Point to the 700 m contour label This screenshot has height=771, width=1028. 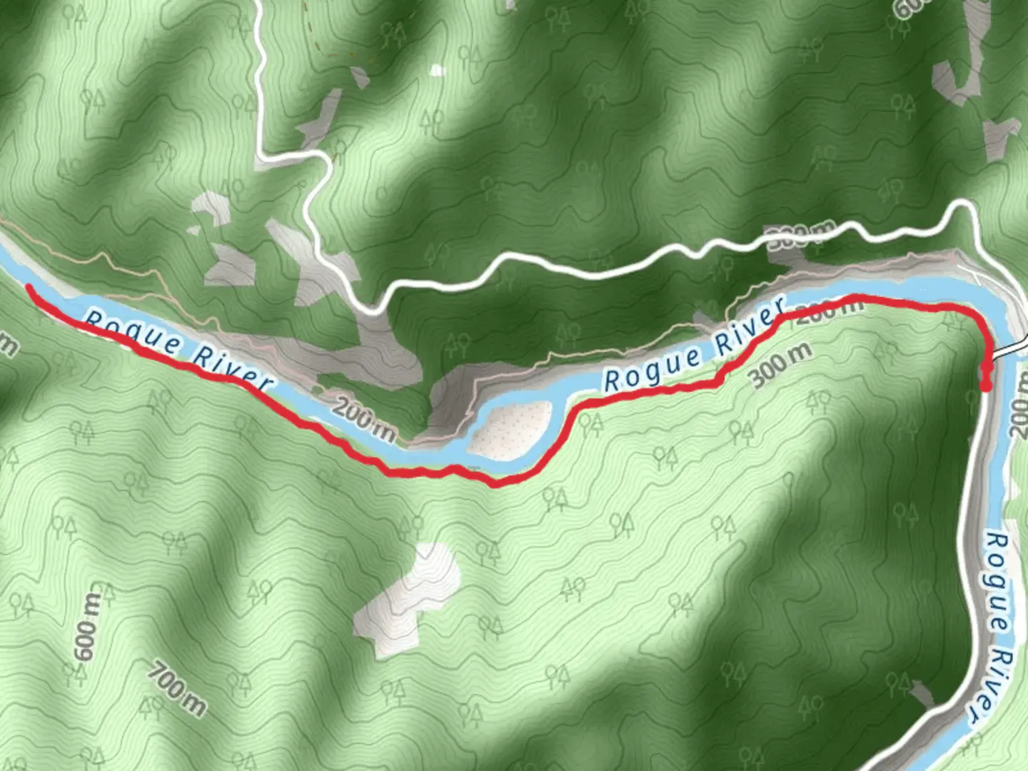(x=178, y=688)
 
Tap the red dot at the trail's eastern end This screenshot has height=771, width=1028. (x=986, y=386)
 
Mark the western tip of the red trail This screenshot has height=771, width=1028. (x=29, y=288)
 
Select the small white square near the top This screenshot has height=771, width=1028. (x=437, y=70)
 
